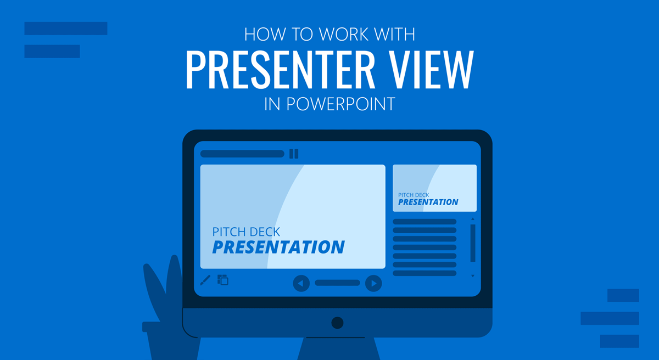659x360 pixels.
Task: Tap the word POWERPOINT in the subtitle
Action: pos(341,104)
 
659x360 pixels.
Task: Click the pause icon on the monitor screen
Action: pos(294,154)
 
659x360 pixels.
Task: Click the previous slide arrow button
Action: pos(301,283)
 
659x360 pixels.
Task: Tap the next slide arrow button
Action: pos(373,283)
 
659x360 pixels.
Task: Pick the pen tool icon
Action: pos(205,280)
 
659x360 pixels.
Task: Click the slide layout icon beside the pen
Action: pos(222,280)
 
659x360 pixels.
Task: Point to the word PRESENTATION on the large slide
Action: pos(278,248)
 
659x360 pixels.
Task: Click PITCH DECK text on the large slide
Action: pos(246,232)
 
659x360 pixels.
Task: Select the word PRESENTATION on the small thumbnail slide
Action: pos(428,202)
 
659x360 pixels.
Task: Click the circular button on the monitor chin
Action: pos(337,322)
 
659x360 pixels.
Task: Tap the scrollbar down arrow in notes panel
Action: pos(472,275)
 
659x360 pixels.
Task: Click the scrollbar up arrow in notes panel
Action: pos(472,220)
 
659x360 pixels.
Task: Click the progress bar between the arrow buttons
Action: pos(337,283)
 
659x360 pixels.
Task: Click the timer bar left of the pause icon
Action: pos(242,154)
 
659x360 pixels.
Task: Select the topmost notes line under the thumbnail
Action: pos(425,222)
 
